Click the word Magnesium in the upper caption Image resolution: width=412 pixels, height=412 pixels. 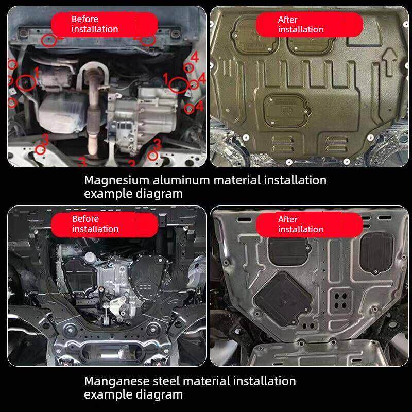(117, 181)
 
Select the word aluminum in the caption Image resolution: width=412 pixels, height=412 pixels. (181, 181)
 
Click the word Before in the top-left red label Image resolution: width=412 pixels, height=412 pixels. (85, 19)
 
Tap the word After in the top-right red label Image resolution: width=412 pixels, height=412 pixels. (288, 20)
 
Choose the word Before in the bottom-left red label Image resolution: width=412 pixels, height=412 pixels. (85, 219)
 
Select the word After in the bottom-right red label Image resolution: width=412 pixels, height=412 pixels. (288, 219)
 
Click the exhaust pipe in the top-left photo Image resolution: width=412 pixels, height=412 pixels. (93, 110)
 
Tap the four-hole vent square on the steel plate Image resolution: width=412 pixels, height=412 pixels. (340, 301)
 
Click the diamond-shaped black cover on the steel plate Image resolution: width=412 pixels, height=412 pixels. (283, 299)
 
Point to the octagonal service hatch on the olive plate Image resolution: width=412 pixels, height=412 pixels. (287, 111)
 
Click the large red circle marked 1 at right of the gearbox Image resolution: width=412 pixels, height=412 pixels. (178, 85)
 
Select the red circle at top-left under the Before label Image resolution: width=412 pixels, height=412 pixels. (49, 41)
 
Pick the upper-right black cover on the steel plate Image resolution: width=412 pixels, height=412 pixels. (376, 252)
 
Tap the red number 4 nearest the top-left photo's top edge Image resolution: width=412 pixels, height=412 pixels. (195, 57)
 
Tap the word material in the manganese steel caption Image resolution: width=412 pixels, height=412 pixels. (207, 381)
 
